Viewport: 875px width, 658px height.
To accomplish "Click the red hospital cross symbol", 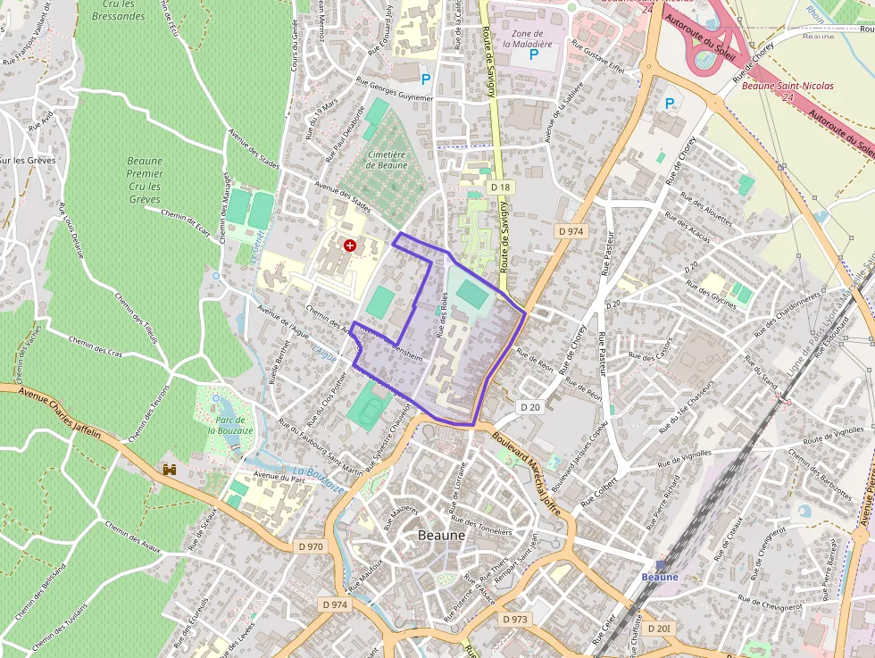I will point(349,244).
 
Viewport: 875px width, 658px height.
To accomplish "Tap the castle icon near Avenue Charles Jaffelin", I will point(169,469).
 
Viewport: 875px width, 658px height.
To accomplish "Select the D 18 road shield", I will point(500,187).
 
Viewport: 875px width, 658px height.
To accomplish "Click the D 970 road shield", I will point(312,546).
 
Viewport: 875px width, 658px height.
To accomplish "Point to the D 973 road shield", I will point(515,619).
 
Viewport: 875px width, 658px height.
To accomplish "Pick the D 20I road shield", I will point(659,629).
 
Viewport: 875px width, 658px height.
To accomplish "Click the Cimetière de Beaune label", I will point(387,160).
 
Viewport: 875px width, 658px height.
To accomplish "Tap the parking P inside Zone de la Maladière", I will point(534,55).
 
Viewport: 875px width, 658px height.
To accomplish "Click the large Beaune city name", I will point(442,535).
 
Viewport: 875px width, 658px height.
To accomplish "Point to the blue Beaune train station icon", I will point(661,565).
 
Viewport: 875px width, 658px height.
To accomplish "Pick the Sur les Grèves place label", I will point(28,161).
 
